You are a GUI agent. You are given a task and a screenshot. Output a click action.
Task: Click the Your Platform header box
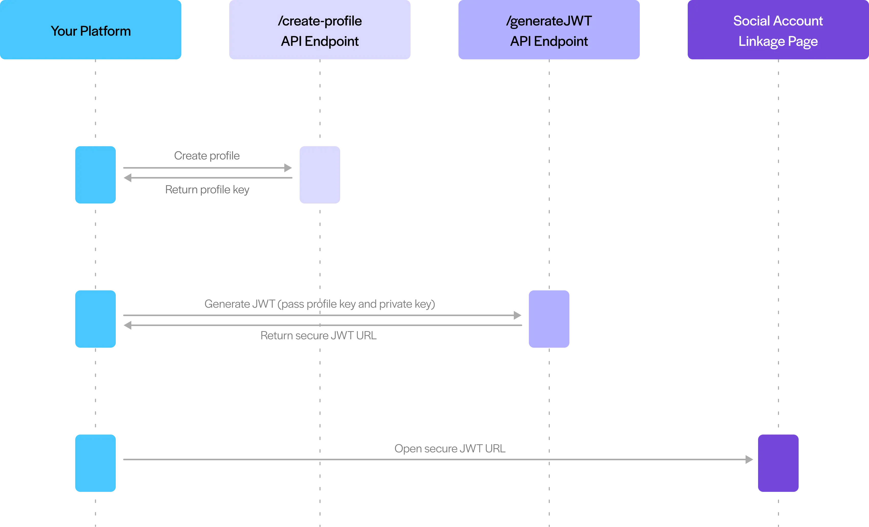click(91, 31)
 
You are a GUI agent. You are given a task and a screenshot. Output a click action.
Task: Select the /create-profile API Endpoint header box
click(320, 31)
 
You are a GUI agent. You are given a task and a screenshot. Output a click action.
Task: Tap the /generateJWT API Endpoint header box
click(549, 31)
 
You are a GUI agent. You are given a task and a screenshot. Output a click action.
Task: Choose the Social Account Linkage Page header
click(778, 31)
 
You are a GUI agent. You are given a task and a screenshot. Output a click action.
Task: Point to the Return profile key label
click(207, 189)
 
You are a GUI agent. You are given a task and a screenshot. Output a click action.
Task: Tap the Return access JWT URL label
click(319, 335)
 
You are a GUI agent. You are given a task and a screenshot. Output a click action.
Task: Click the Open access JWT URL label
click(449, 449)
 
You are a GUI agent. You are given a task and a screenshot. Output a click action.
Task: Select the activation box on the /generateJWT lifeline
click(549, 319)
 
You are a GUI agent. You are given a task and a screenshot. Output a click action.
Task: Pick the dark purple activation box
click(778, 463)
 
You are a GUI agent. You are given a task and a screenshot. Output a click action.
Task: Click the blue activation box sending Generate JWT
click(95, 319)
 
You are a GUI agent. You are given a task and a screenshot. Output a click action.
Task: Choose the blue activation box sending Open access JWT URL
click(95, 463)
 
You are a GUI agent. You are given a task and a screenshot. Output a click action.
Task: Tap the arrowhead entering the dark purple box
click(749, 459)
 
